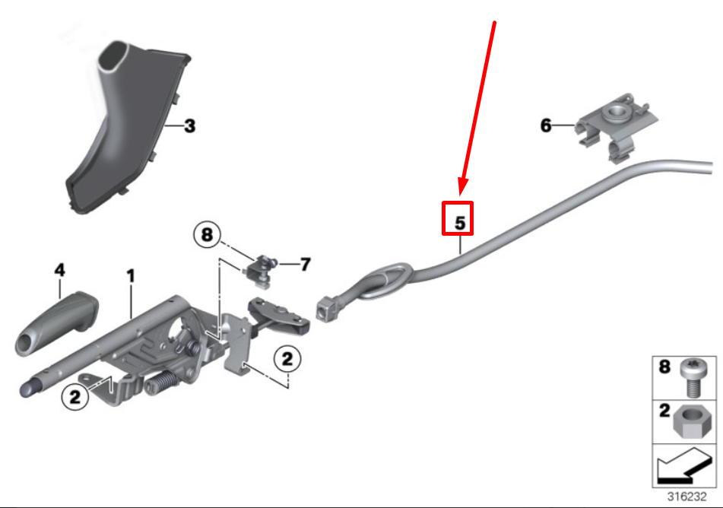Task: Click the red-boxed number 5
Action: coord(459,217)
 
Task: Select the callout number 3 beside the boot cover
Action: coord(189,125)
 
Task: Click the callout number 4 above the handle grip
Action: coord(60,270)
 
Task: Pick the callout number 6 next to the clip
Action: coord(546,125)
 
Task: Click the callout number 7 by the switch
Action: coord(305,265)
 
